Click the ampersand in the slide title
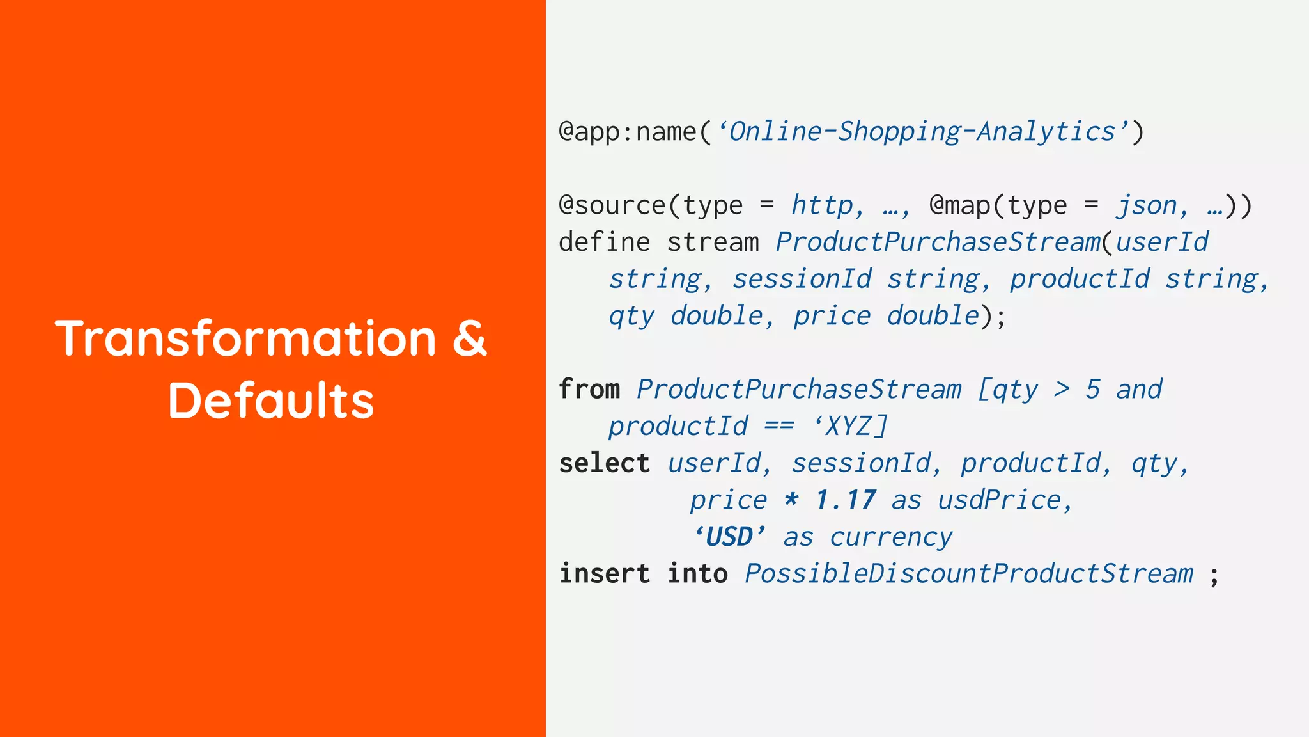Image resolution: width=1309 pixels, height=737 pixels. pyautogui.click(x=470, y=338)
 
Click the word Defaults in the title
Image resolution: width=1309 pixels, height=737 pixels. pyautogui.click(x=271, y=401)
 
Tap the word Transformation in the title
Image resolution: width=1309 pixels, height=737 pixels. pyautogui.click(x=246, y=338)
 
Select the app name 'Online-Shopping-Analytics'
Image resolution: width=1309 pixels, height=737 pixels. pyautogui.click(x=922, y=132)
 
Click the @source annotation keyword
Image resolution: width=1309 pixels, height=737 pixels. pyautogui.click(x=612, y=206)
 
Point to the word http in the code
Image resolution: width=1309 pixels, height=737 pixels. pyautogui.click(x=822, y=206)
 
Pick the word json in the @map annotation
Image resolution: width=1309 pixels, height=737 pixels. pyautogui.click(x=1147, y=206)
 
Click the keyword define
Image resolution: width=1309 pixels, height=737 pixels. pyautogui.click(x=604, y=242)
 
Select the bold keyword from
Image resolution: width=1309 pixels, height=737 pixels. pyautogui.click(x=589, y=390)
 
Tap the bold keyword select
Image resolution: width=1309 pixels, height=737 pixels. pyautogui.click(x=604, y=463)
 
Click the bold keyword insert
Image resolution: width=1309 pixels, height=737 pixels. pyautogui.click(x=604, y=574)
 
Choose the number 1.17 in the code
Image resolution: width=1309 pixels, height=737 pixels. pyautogui.click(x=845, y=500)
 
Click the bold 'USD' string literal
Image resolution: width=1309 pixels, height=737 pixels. pyautogui.click(x=729, y=537)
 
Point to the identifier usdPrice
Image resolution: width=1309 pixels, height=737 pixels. pyautogui.click(x=999, y=500)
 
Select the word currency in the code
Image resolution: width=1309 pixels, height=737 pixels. pyautogui.click(x=891, y=537)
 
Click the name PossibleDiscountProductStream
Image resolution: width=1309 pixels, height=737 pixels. pyautogui.click(x=969, y=574)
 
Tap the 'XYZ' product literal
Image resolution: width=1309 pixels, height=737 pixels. pyautogui.click(x=850, y=426)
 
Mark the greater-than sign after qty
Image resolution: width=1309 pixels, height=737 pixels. pyautogui.click(x=1062, y=390)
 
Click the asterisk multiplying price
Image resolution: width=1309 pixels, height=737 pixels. pyautogui.click(x=791, y=500)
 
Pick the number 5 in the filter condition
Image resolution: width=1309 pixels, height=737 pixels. pyautogui.click(x=1093, y=390)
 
